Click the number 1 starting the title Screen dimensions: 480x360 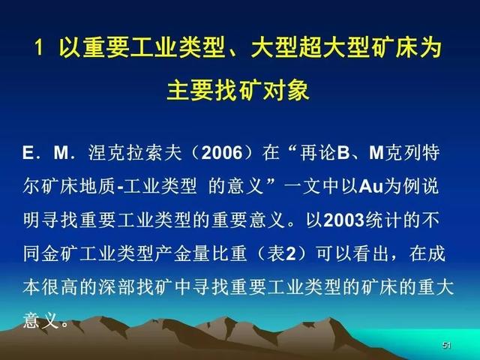[38, 47]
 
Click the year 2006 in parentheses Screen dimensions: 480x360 [222, 152]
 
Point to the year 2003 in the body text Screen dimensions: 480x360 [343, 220]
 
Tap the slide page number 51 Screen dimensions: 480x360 [447, 345]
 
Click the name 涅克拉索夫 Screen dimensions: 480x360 [135, 152]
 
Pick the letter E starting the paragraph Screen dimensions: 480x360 [28, 152]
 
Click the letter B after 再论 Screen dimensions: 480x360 [343, 152]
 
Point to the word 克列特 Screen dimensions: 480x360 [412, 152]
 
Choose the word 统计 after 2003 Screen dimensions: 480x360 [383, 220]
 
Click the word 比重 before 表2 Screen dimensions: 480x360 [228, 253]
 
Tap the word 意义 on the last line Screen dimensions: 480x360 [41, 320]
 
